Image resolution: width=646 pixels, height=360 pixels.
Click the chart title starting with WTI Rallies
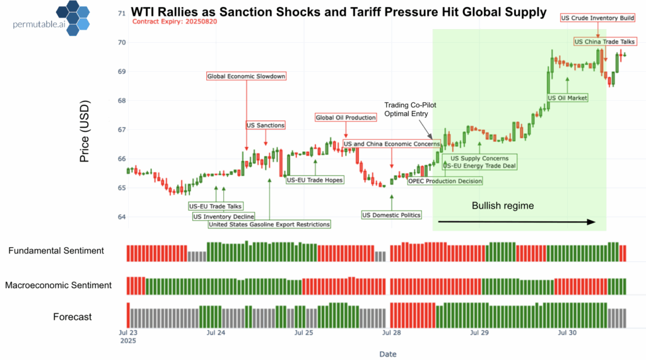click(x=338, y=12)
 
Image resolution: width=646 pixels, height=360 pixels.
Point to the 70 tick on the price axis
click(x=122, y=42)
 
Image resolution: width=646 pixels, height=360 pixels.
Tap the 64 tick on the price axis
click(x=122, y=217)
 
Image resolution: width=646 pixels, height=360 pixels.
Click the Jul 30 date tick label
click(x=566, y=332)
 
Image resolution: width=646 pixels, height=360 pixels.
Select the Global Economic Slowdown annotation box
click(x=246, y=76)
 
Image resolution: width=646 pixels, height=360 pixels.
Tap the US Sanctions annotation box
click(x=266, y=125)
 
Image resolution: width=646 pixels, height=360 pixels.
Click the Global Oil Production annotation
click(x=346, y=117)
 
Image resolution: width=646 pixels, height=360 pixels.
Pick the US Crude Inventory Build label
click(x=597, y=18)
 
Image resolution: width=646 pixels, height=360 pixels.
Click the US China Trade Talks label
click(x=604, y=42)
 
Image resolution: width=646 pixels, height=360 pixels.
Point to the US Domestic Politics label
click(x=391, y=215)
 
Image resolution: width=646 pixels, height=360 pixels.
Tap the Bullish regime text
click(x=503, y=206)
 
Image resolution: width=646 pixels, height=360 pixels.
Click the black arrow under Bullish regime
click(x=516, y=222)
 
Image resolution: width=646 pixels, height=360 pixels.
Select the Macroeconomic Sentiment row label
click(x=58, y=286)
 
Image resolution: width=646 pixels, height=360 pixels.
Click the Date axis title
click(x=387, y=354)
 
